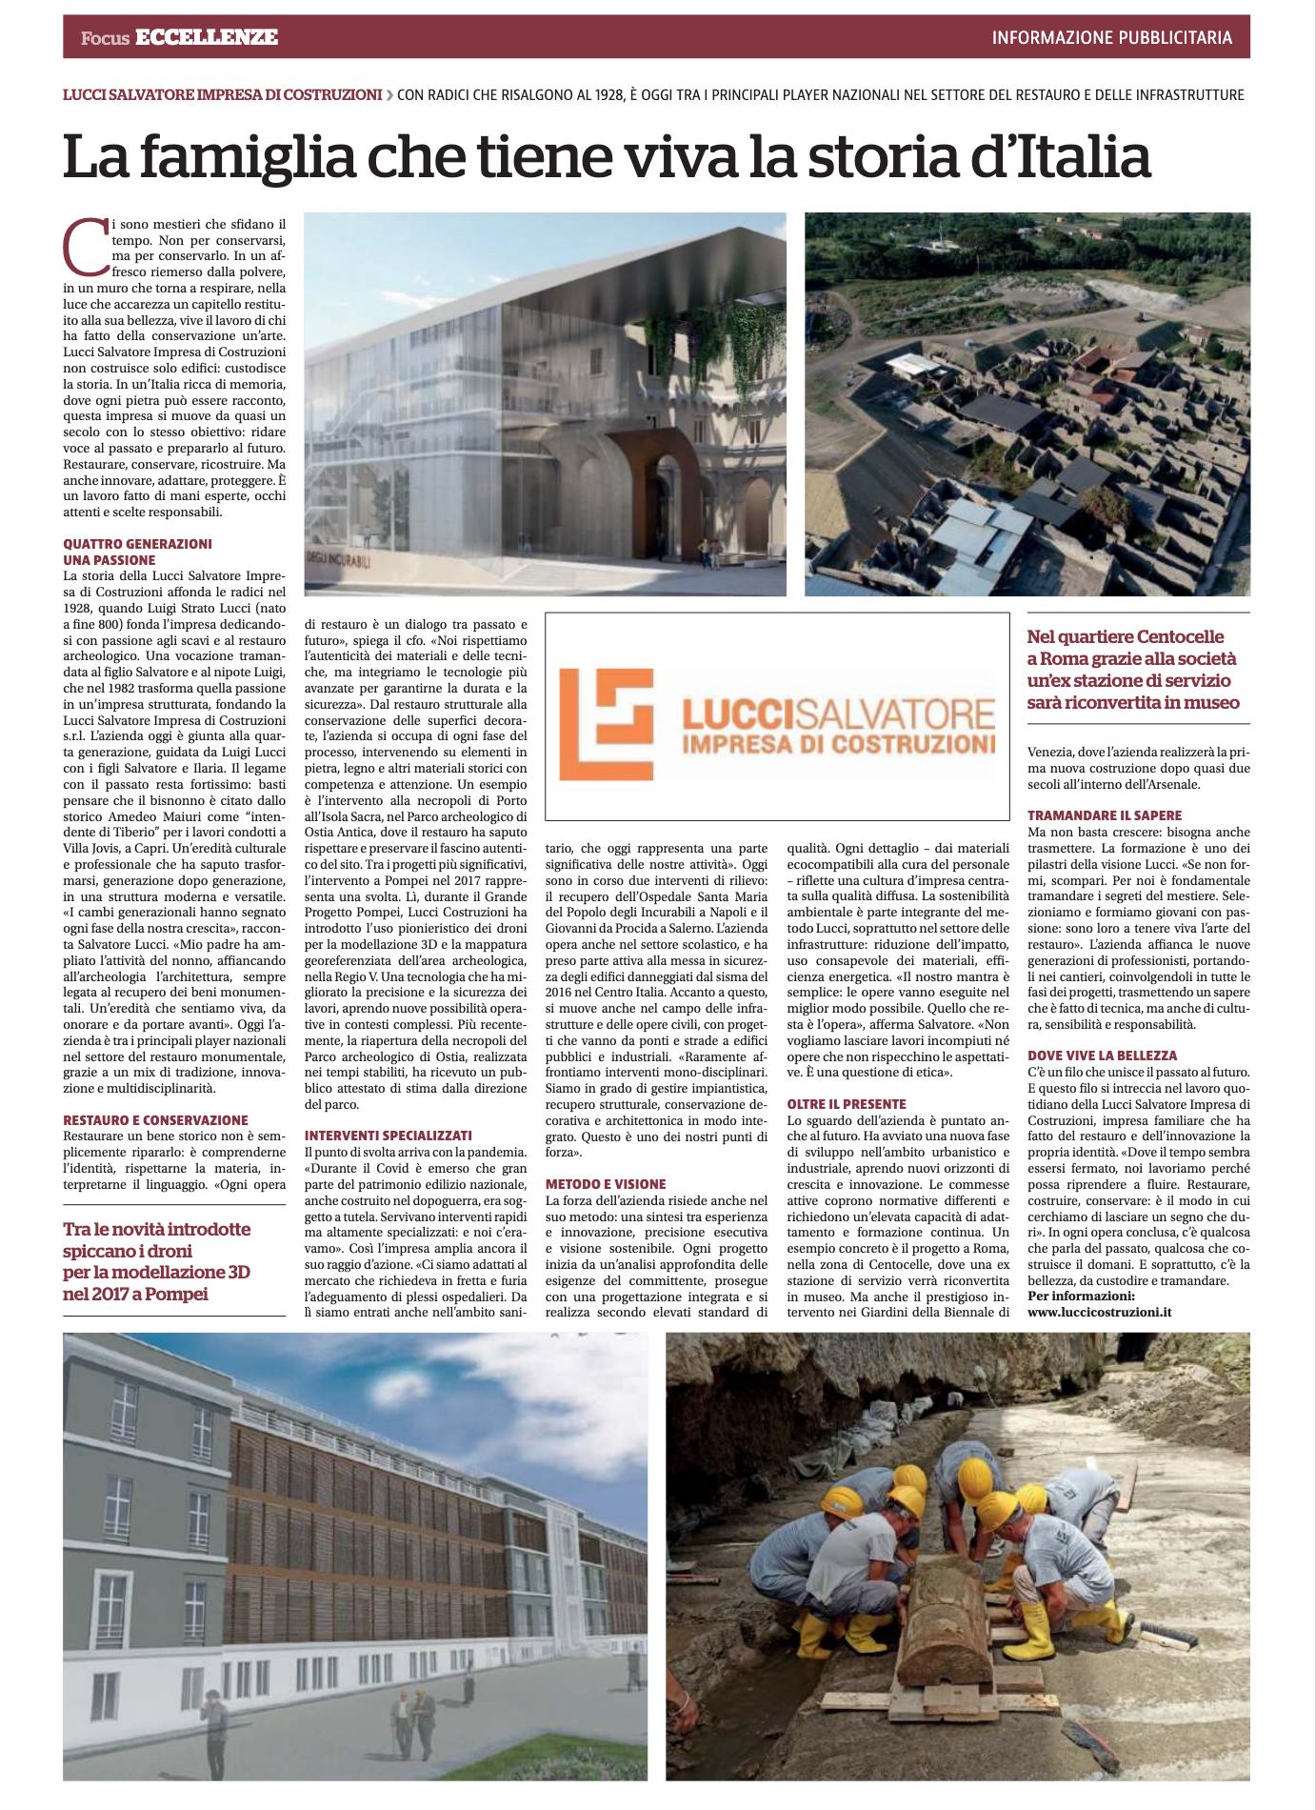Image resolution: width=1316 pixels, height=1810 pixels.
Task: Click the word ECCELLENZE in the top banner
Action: click(x=207, y=37)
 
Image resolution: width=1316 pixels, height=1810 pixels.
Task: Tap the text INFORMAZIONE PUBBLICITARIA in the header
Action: click(x=1111, y=38)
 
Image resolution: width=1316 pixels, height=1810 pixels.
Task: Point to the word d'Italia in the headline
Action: click(x=1060, y=157)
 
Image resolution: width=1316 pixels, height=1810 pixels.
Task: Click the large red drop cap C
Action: click(x=84, y=245)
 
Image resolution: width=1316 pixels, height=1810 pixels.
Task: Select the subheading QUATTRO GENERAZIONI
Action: click(x=137, y=544)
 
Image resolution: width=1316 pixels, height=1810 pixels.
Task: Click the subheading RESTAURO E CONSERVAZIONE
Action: click(x=155, y=1120)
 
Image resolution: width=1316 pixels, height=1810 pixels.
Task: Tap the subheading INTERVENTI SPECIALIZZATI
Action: click(x=388, y=1136)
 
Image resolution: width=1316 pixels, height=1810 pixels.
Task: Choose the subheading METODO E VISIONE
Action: click(x=606, y=1184)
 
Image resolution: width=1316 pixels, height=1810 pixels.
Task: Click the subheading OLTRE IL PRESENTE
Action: click(x=847, y=1104)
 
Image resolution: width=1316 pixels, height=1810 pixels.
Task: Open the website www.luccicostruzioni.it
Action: click(x=1099, y=1312)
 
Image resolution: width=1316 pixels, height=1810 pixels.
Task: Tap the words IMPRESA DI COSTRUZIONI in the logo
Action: click(x=838, y=744)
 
